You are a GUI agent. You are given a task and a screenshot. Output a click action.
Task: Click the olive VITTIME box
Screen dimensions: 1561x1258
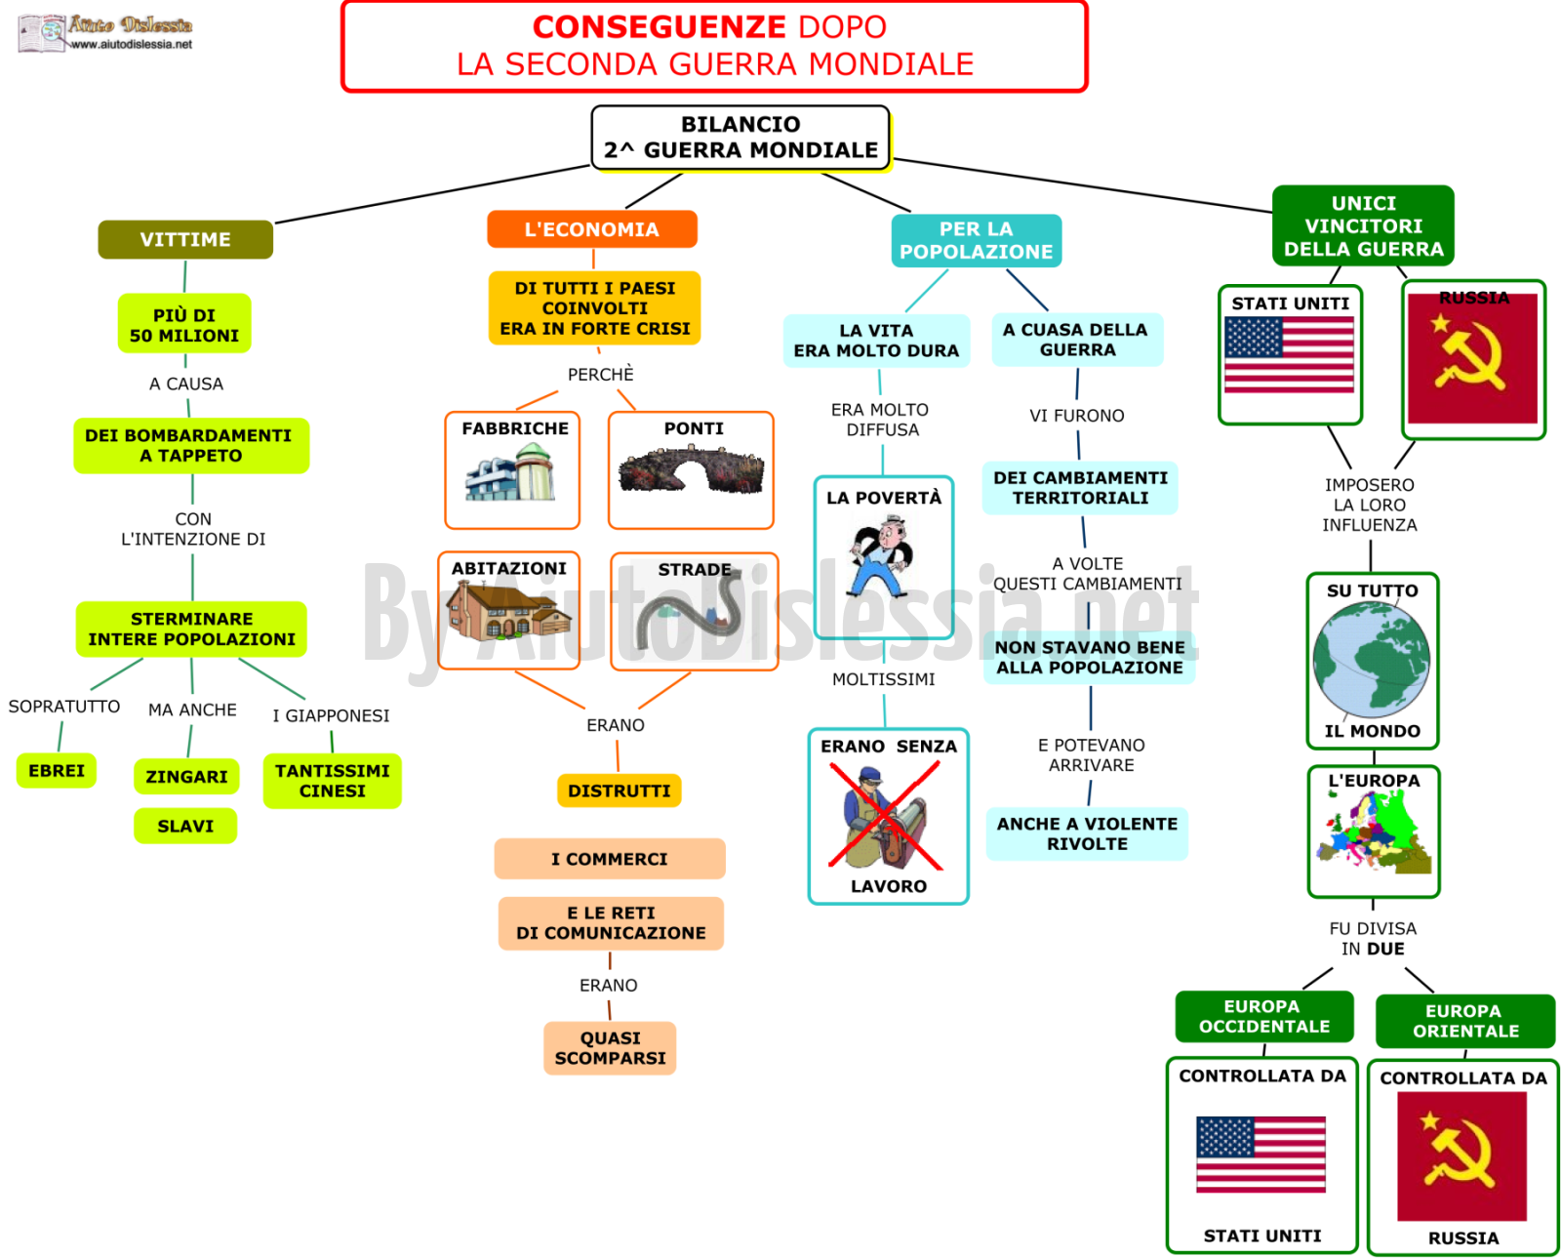click(x=185, y=239)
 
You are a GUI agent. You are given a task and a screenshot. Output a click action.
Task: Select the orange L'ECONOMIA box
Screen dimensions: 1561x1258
click(x=592, y=229)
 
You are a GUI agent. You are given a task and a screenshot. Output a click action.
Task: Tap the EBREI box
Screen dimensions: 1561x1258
click(x=56, y=770)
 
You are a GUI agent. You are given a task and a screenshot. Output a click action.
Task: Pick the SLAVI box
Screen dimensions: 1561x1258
click(x=185, y=826)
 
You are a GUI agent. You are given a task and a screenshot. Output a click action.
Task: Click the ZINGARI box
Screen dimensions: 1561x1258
click(x=186, y=776)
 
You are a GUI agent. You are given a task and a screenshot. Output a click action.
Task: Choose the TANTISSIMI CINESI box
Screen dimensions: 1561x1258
click(x=333, y=781)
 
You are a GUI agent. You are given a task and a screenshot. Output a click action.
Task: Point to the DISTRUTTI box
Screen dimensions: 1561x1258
click(x=619, y=791)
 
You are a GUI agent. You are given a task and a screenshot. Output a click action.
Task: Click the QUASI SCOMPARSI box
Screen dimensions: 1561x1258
click(x=610, y=1047)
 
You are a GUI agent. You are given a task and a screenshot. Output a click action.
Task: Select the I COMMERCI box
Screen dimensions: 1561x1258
click(x=610, y=859)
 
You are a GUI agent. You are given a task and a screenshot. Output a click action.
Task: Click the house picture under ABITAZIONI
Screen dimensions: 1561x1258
click(x=509, y=611)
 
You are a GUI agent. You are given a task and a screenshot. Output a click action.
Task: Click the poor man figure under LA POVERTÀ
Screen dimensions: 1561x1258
click(x=884, y=555)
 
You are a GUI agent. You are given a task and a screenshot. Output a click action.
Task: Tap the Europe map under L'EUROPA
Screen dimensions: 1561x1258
click(x=1374, y=830)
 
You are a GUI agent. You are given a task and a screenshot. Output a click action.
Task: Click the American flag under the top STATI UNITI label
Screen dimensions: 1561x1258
click(x=1288, y=355)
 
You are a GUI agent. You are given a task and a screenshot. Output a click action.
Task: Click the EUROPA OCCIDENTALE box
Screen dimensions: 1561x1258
click(x=1263, y=1016)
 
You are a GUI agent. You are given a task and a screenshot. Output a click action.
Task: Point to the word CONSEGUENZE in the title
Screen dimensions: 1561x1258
click(x=659, y=27)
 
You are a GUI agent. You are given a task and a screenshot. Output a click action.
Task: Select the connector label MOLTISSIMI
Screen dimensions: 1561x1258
click(x=883, y=679)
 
